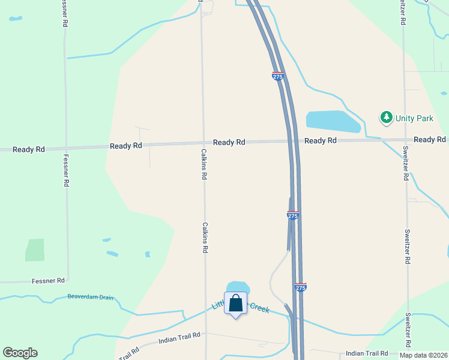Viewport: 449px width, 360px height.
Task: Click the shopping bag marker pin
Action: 236,304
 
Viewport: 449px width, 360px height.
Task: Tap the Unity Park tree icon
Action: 387,118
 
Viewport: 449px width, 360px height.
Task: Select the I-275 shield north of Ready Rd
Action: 277,76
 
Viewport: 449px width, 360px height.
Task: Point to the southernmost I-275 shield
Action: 301,287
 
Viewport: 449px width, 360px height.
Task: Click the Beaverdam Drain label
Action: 90,297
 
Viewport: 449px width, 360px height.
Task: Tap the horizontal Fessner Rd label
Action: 48,280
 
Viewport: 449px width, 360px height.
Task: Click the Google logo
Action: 20,353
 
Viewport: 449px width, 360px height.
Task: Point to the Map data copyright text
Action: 423,355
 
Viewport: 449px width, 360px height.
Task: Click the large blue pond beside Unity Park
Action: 333,121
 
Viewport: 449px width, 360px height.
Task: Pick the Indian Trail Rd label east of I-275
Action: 367,353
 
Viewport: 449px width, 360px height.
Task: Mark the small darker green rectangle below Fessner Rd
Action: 35,250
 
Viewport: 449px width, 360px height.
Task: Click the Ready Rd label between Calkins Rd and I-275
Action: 229,142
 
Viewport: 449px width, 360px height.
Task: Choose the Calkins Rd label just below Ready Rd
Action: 204,164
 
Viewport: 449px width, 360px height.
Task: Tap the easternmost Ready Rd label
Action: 429,139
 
